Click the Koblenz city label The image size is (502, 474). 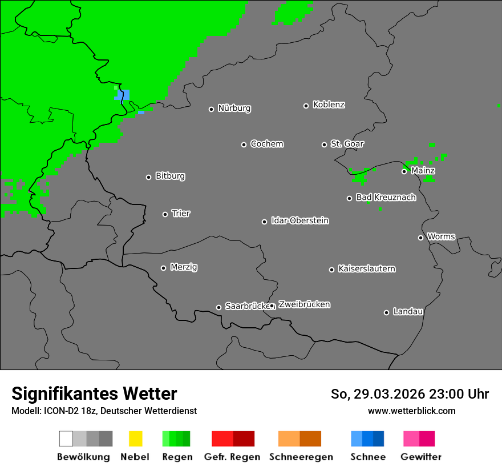[x=329, y=105]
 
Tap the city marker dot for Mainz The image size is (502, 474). [x=404, y=171]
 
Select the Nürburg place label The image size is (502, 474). [x=234, y=108]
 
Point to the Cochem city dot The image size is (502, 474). [x=244, y=144]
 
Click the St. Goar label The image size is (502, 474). [x=347, y=144]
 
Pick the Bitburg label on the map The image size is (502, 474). [x=170, y=176]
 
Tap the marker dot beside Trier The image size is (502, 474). [x=165, y=214]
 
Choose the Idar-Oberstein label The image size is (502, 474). [x=300, y=220]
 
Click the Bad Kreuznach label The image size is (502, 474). [x=386, y=197]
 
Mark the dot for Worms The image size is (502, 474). [x=421, y=238]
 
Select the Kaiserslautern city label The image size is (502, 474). [x=367, y=268]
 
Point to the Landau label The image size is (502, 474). [x=408, y=311]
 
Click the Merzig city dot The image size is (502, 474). [x=164, y=268]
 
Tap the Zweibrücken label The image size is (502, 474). [x=304, y=304]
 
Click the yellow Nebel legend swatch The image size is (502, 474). [x=135, y=439]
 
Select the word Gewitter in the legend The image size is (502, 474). [x=421, y=457]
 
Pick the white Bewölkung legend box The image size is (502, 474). [x=66, y=439]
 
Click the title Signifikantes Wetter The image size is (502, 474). [x=94, y=394]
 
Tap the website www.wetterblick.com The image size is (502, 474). [x=411, y=411]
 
